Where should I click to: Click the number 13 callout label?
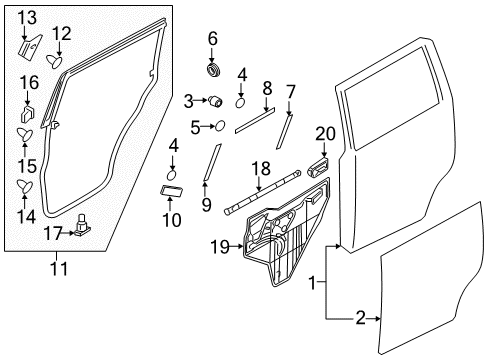(27, 16)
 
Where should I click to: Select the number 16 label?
(28, 82)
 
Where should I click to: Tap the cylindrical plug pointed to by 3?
(214, 101)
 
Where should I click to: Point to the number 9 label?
(206, 205)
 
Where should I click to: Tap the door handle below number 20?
(320, 166)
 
